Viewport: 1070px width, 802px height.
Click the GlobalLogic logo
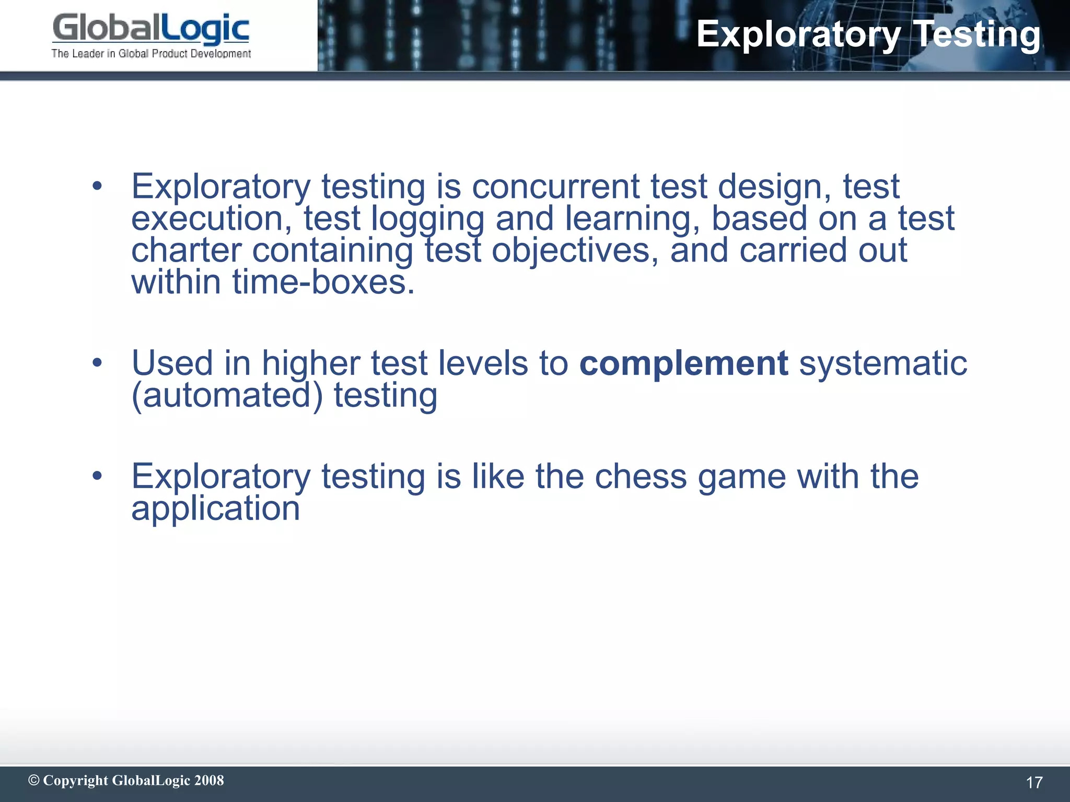tap(150, 28)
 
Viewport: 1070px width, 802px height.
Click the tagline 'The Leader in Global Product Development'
tap(151, 54)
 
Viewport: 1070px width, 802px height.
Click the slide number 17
tap(1034, 782)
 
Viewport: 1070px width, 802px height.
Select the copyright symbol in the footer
tap(34, 780)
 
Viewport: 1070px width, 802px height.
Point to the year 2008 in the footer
tap(209, 780)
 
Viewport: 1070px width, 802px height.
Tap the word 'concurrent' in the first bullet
tap(555, 186)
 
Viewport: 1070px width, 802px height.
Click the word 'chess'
tap(641, 477)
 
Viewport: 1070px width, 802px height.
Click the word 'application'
tap(215, 509)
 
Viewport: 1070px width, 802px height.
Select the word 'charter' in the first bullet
tap(187, 251)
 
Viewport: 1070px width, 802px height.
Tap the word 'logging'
tap(427, 219)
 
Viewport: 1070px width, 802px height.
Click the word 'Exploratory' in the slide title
tap(798, 34)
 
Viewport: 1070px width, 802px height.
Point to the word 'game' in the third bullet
tap(742, 478)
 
